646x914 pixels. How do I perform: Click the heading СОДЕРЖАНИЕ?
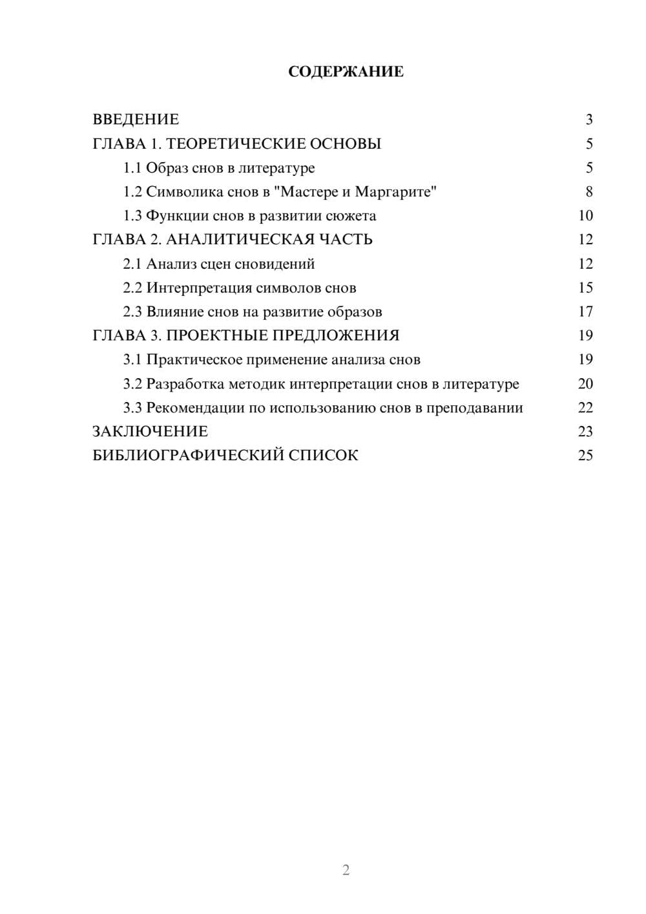(346, 72)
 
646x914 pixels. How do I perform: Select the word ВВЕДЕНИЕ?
(136, 120)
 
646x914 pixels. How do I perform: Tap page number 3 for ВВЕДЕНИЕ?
(589, 120)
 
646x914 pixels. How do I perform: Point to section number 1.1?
(132, 168)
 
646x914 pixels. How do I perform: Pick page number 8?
(589, 192)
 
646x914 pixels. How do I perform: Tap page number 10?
(585, 216)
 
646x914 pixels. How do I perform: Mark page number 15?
(585, 288)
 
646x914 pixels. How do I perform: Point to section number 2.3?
(132, 312)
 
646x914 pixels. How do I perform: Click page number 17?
(585, 312)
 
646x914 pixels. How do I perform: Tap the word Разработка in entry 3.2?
(185, 384)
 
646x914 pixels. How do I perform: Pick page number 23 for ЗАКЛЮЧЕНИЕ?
(585, 432)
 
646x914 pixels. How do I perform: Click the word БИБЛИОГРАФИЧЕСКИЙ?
(188, 456)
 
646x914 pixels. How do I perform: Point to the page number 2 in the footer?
(346, 870)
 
